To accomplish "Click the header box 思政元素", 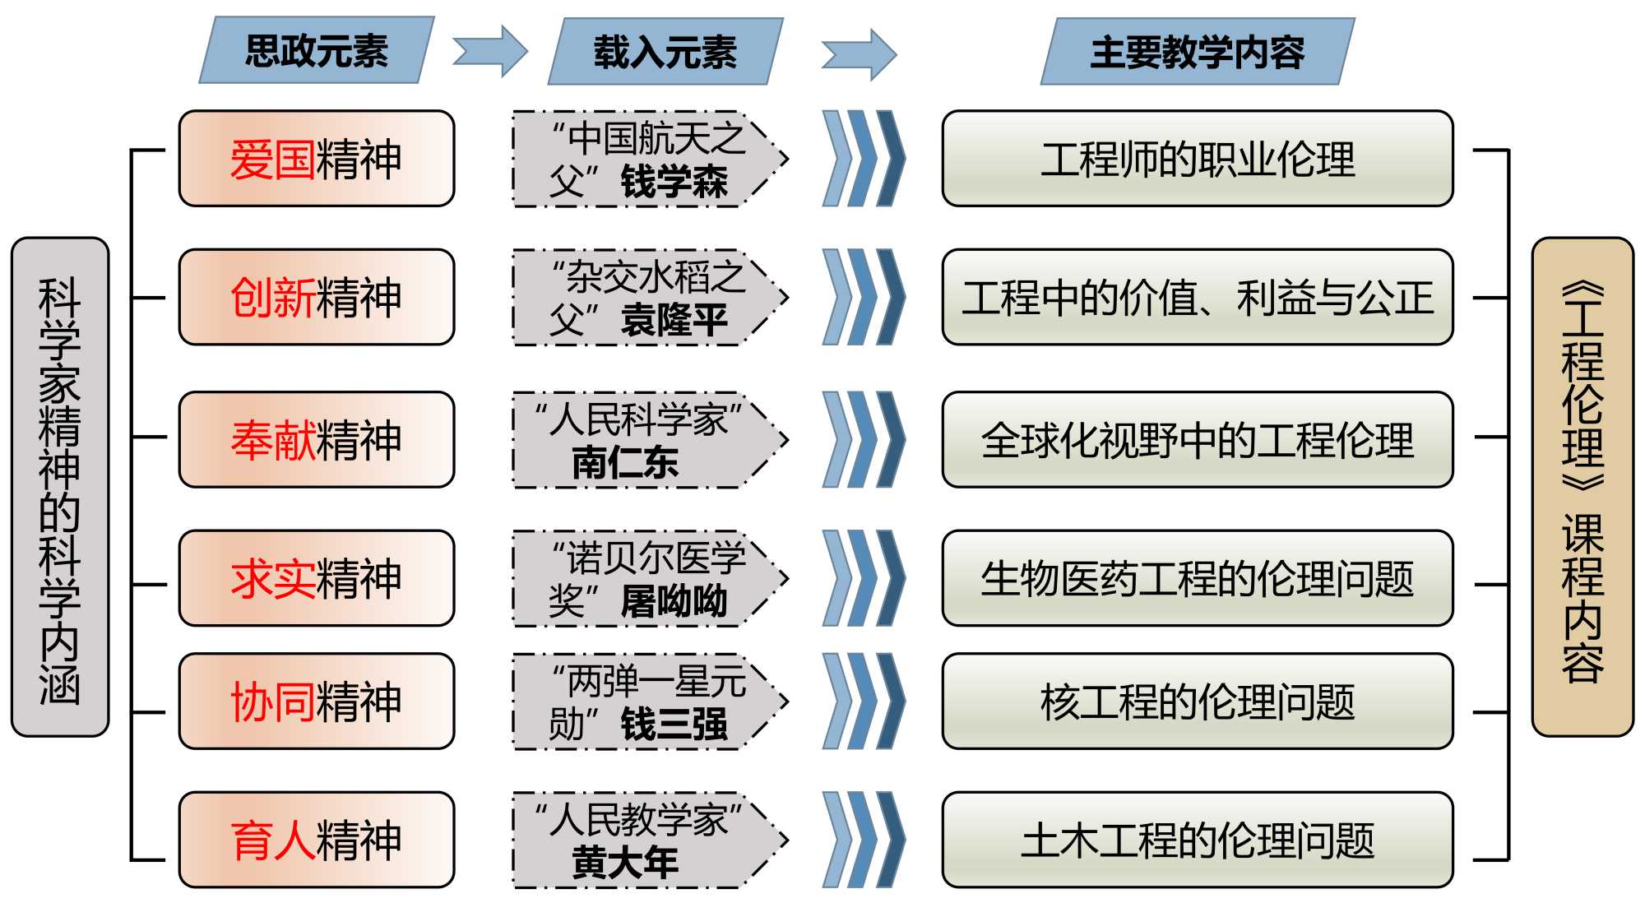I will click(x=317, y=50).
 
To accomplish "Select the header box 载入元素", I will click(x=665, y=52).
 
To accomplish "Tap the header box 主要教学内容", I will click(x=1197, y=52).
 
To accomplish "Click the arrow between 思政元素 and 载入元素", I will click(x=490, y=51).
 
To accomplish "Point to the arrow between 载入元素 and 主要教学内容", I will click(x=859, y=54).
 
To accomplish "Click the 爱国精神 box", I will click(x=317, y=159).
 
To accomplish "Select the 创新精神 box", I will click(x=317, y=298).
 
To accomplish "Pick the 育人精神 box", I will click(x=317, y=840).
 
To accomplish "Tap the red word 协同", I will click(x=272, y=702).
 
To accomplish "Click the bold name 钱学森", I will click(x=674, y=182).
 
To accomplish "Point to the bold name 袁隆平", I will click(x=674, y=320).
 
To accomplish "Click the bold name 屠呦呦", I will click(x=674, y=601).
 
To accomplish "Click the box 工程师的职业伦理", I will click(x=1197, y=159).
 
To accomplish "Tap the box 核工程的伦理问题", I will click(x=1197, y=702).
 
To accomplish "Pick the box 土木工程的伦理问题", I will click(x=1197, y=840).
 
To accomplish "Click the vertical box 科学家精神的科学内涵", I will click(x=60, y=487).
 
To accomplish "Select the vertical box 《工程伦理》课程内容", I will click(x=1582, y=487).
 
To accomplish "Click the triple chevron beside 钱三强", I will click(x=864, y=702).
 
